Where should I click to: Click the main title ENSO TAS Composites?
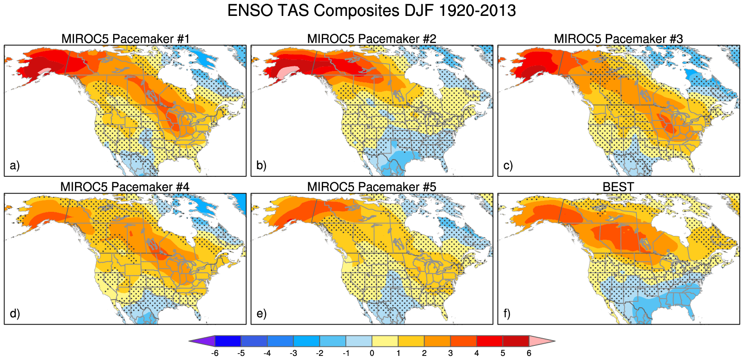click(371, 10)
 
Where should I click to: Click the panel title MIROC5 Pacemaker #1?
click(125, 39)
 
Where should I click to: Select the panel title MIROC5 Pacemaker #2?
click(371, 39)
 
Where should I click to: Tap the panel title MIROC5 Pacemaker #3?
click(618, 39)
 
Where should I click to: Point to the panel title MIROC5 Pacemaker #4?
click(125, 187)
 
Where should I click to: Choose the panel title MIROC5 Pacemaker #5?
click(371, 187)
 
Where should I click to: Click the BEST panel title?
click(618, 187)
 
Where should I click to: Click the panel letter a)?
click(15, 165)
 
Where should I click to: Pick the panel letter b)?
click(261, 165)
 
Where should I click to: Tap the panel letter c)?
click(508, 165)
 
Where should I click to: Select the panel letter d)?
click(15, 314)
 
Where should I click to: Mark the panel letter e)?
click(261, 314)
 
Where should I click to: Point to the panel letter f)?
click(508, 314)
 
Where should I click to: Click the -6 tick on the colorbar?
click(215, 353)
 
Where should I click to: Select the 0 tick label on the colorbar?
click(372, 353)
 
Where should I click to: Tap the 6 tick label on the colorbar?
click(529, 353)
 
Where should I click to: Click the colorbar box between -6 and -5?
click(228, 341)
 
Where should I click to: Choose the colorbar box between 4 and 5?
click(490, 341)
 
